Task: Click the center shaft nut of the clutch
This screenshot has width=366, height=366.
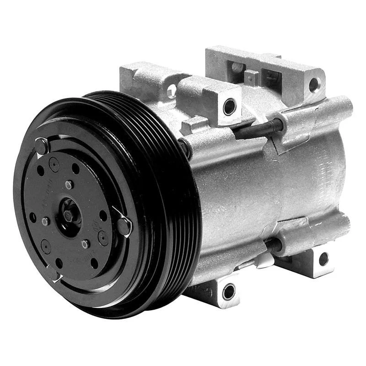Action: tap(69, 215)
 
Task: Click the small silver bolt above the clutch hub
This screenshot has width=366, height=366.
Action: tap(69, 184)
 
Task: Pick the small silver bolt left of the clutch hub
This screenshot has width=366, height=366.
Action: tap(45, 221)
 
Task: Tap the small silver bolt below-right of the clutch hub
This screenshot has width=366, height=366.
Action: tap(86, 244)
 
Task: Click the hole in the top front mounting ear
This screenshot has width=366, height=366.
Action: tap(229, 107)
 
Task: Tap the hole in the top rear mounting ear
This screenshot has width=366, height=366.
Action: tap(314, 84)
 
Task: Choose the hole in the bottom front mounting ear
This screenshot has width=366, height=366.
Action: tap(228, 291)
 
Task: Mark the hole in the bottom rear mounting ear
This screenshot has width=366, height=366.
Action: tap(323, 259)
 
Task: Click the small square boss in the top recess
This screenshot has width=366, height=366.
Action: tap(251, 76)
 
